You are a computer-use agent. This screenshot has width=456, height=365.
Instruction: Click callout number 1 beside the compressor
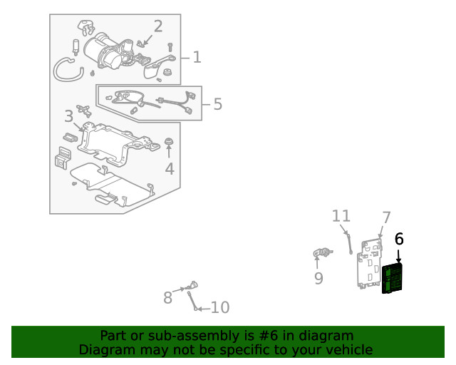(x=197, y=57)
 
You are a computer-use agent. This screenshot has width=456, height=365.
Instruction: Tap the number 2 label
(x=157, y=27)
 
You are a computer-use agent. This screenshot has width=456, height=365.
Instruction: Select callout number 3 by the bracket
(x=68, y=115)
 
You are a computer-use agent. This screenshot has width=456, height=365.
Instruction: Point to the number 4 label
(x=170, y=169)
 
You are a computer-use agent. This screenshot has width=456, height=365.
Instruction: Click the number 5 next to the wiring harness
(x=217, y=104)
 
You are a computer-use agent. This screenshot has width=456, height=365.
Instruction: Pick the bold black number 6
(x=399, y=239)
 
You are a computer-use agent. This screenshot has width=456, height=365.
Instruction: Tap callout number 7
(x=386, y=217)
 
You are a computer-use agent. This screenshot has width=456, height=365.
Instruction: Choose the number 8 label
(x=167, y=297)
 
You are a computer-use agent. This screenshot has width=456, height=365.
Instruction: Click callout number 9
(x=318, y=278)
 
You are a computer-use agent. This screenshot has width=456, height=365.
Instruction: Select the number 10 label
(x=220, y=308)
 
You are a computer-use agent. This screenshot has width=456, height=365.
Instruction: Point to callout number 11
(x=341, y=215)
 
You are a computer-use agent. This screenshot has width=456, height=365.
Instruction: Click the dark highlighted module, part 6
(x=393, y=278)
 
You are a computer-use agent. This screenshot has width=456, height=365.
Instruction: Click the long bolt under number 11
(x=350, y=242)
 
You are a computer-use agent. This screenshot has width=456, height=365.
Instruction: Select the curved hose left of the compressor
(x=66, y=69)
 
